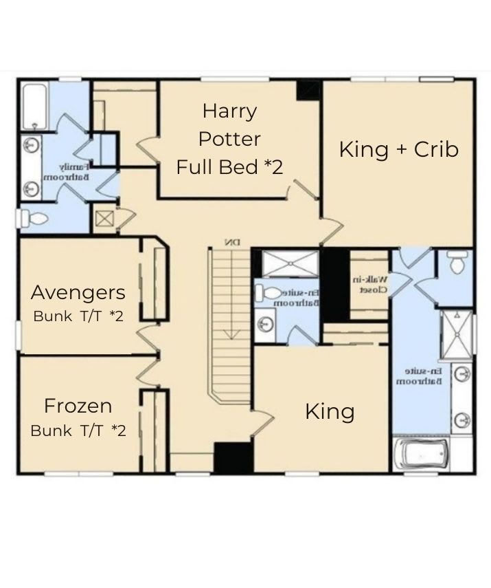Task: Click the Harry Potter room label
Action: coord(229,124)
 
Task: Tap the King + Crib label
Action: coord(399,149)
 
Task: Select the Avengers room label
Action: coord(78,292)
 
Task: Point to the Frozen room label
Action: coord(78,405)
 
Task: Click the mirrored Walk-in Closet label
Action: coord(371,284)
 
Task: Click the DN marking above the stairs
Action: coord(231,242)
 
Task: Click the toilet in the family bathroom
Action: coord(34,219)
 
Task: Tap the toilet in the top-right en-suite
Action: coord(457,261)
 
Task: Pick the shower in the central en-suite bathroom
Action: coord(290,263)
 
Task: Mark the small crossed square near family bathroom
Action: coord(104,219)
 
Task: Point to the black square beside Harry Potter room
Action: coord(308,90)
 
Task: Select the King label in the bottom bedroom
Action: coord(330,412)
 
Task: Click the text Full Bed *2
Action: coord(229,167)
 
